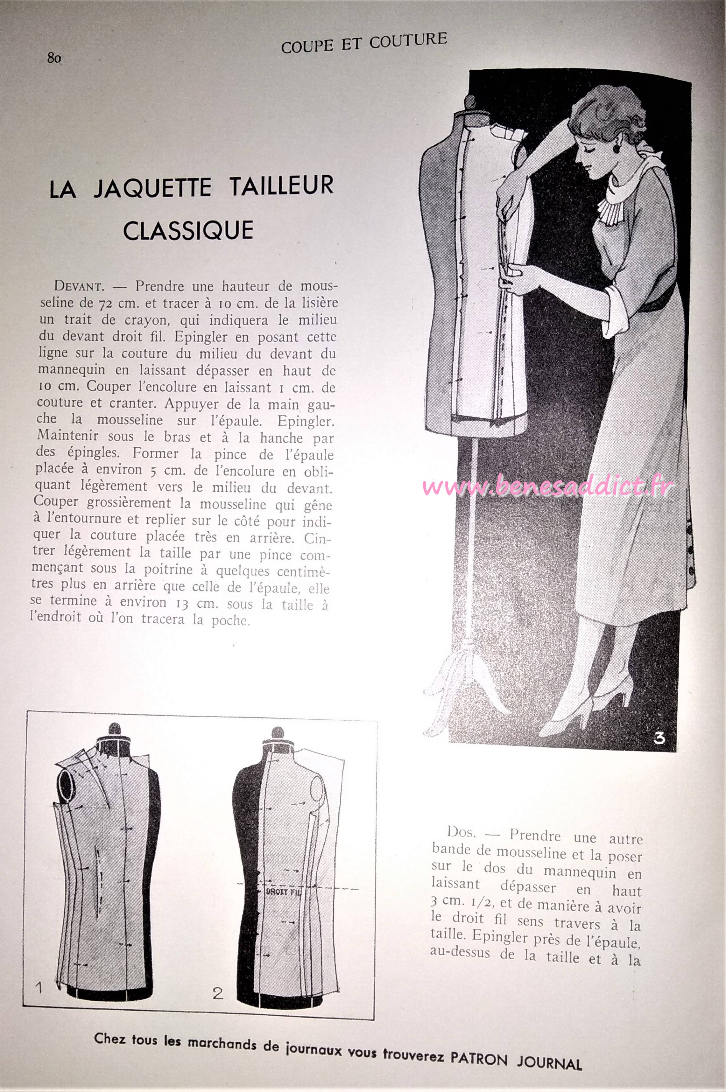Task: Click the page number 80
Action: click(x=54, y=58)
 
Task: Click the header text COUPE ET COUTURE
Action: click(x=364, y=43)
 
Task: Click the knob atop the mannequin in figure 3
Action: click(x=470, y=101)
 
